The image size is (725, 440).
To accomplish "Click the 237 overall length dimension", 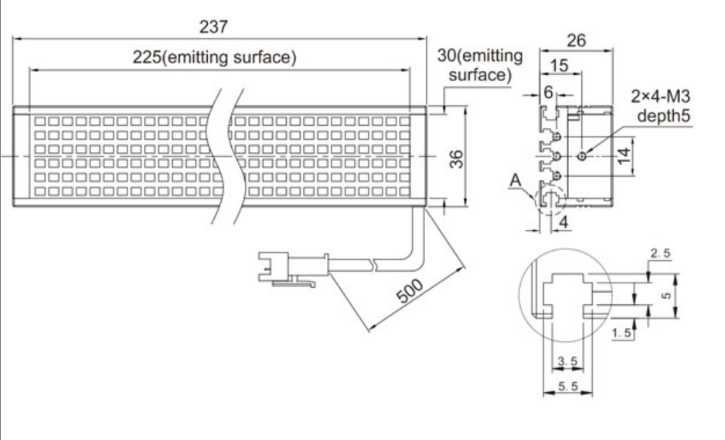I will pos(214,26).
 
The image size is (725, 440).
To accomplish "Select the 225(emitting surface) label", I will pos(214,58).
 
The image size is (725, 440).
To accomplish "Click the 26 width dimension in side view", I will pos(576,40).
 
